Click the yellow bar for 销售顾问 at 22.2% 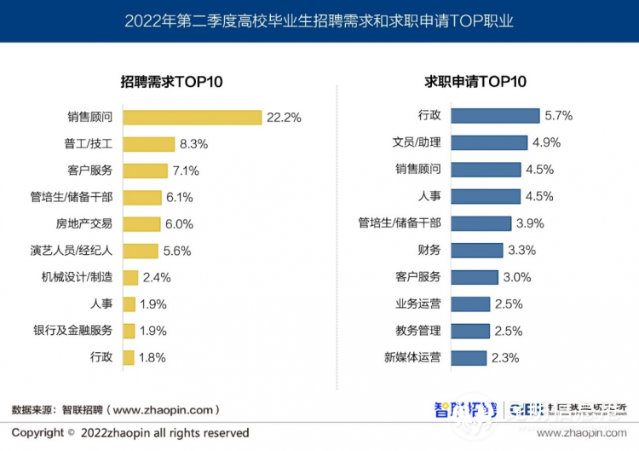pyautogui.click(x=192, y=117)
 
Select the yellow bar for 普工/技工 pyautogui.click(x=148, y=144)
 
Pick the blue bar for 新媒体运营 pyautogui.click(x=469, y=358)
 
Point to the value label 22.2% pyautogui.click(x=284, y=118)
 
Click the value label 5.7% pyautogui.click(x=558, y=116)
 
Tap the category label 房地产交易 pyautogui.click(x=83, y=223)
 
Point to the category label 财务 pyautogui.click(x=429, y=250)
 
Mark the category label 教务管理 pyautogui.click(x=417, y=331)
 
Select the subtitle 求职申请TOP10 pyautogui.click(x=475, y=82)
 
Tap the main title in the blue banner pyautogui.click(x=319, y=20)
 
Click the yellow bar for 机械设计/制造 pyautogui.click(x=130, y=277)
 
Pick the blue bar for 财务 pyautogui.click(x=476, y=250)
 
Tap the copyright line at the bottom pyautogui.click(x=130, y=433)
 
